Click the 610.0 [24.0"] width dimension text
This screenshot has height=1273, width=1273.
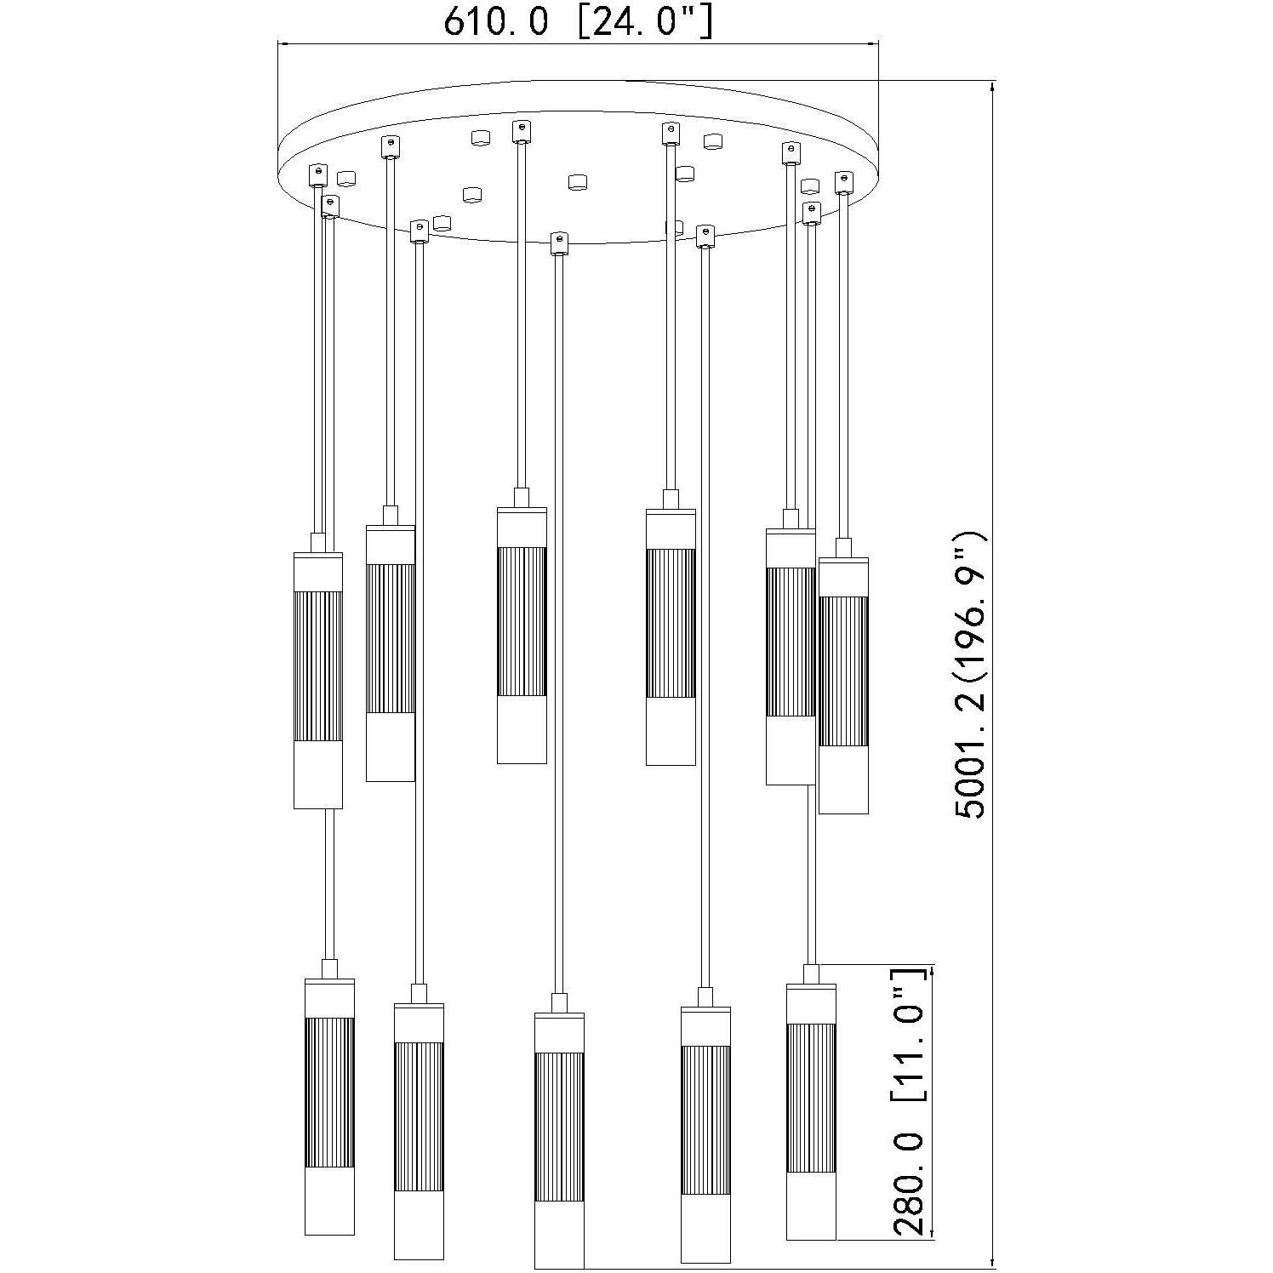578,22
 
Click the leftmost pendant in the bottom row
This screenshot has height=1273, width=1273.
329,1106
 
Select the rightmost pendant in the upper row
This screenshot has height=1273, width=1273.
843,685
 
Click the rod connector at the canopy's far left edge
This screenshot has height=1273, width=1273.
317,174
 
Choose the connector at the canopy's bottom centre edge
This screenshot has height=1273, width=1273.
558,243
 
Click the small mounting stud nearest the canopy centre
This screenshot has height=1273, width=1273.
578,181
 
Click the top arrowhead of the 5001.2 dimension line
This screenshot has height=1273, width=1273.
993,86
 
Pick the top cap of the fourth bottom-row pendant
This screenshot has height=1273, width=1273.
705,1013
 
